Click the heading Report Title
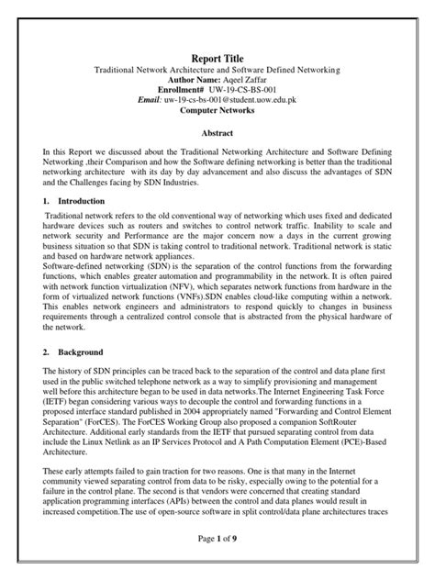click(217, 57)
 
